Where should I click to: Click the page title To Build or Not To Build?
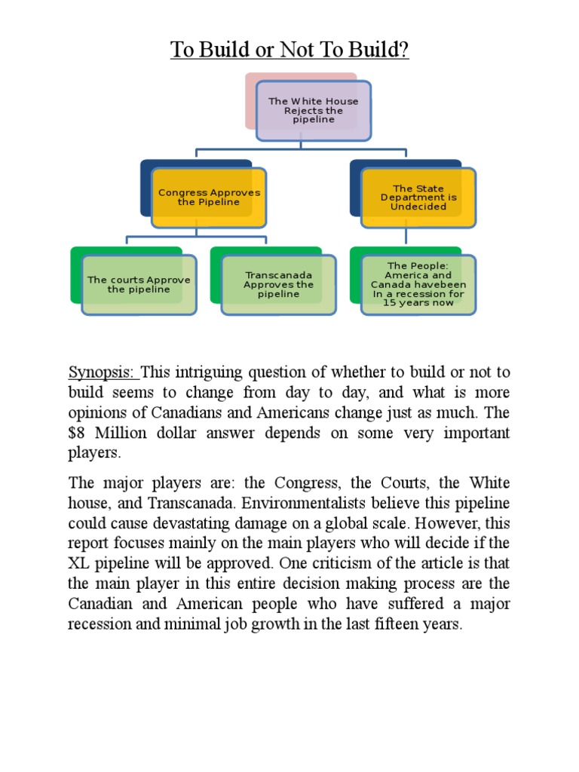pos(289,51)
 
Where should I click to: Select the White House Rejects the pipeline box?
pos(313,110)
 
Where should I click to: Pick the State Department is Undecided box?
pos(418,198)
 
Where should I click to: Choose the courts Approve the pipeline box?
pos(139,284)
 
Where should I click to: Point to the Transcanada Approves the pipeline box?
pos(278,284)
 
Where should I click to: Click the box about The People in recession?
pos(418,284)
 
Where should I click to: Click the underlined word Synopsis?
pos(102,372)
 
